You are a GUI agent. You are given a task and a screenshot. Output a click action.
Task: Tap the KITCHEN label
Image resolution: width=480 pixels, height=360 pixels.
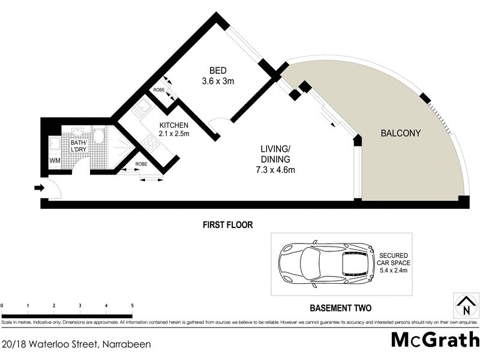173,125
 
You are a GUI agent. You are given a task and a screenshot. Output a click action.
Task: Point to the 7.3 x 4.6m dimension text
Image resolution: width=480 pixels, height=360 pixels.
275,170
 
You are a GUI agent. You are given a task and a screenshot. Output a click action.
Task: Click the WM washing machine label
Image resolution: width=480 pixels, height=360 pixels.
55,161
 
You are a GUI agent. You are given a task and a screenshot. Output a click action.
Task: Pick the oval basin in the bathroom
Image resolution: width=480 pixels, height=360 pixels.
78,131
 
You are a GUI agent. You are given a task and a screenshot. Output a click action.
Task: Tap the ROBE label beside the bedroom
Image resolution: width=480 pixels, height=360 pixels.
159,90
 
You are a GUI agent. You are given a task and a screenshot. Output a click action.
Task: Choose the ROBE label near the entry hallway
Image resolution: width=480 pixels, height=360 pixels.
142,164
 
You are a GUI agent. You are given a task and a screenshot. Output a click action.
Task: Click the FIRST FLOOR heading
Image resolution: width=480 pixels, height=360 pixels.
227,225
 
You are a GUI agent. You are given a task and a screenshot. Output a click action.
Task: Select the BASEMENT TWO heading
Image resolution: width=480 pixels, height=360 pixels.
340,308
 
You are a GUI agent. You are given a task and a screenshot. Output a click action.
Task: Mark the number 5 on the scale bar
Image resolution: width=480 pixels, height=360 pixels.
132,307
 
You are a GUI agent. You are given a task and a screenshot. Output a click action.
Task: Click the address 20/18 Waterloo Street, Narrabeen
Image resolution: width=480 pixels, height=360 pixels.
76,344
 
